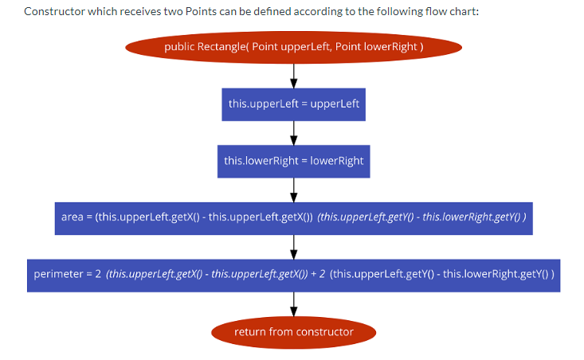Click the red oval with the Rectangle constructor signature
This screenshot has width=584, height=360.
coord(293,47)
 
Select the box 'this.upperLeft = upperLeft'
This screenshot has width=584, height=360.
coord(293,104)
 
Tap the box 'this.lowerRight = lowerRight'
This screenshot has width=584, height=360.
coord(293,161)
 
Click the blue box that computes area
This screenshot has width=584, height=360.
coord(293,217)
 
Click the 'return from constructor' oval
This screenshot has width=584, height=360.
coord(293,331)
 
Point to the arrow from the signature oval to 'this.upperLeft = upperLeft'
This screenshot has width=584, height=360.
coord(294,75)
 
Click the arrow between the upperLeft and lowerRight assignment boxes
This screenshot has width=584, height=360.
coord(294,132)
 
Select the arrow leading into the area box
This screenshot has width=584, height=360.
coord(294,190)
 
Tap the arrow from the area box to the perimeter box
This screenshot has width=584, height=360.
coord(294,246)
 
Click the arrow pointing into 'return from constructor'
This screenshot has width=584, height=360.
coord(294,303)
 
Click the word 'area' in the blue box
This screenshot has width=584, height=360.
coord(72,217)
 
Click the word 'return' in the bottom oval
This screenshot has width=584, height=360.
coord(250,331)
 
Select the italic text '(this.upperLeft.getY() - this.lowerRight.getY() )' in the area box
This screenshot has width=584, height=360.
coord(421,217)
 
